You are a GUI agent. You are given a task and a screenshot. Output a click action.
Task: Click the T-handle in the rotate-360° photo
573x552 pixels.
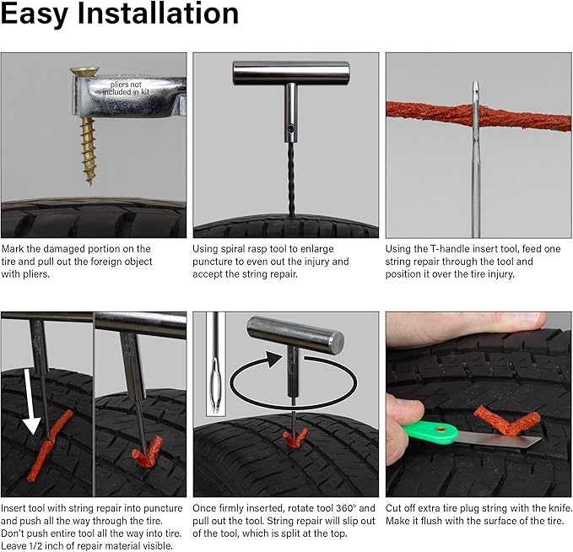point(295,336)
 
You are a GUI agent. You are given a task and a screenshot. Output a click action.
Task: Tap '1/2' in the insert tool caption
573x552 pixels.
point(41,544)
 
